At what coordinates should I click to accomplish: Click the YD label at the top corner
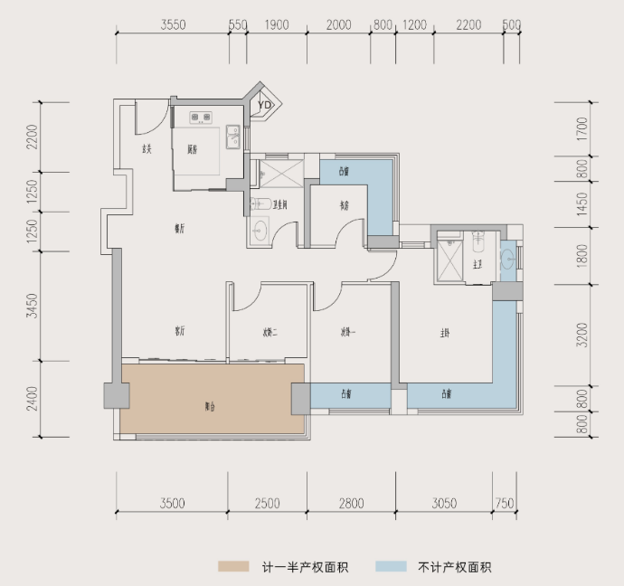264,106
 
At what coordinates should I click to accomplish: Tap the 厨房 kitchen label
194,149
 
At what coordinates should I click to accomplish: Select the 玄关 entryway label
147,149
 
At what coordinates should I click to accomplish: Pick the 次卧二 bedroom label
269,332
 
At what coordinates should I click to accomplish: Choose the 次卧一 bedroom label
348,331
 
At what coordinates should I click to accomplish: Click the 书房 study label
345,205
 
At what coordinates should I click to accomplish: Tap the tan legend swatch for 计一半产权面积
233,567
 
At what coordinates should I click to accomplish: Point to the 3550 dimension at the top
173,25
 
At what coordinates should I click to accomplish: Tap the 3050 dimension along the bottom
446,504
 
